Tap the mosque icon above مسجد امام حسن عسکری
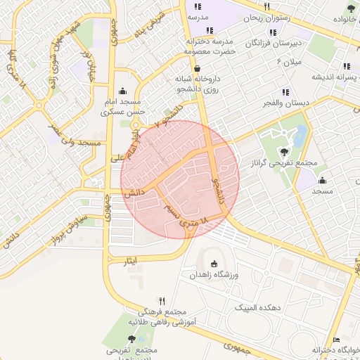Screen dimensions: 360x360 (124, 91)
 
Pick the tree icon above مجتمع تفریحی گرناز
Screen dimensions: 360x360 (284, 150)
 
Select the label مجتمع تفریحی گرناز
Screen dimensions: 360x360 (284, 163)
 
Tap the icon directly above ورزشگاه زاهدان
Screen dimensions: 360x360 (214, 263)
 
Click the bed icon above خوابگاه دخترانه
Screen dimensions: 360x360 (336, 340)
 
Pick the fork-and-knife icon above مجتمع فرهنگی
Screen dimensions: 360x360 (162, 300)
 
